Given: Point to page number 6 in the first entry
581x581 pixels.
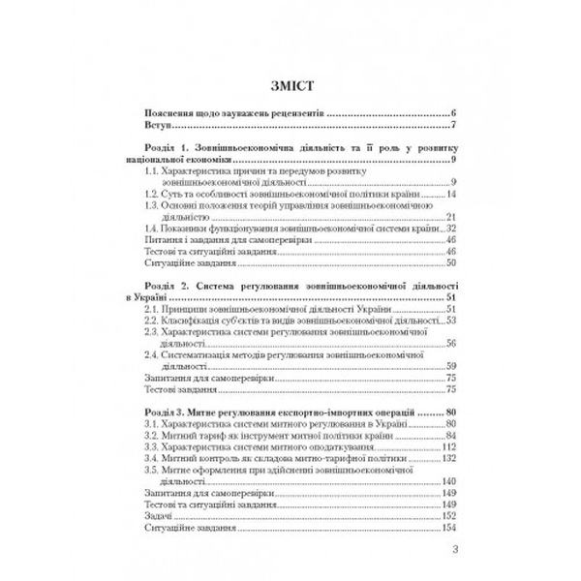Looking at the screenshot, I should [452, 113].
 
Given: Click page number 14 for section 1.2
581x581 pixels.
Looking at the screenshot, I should [450, 194].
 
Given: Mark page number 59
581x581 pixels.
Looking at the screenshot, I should [450, 366].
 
